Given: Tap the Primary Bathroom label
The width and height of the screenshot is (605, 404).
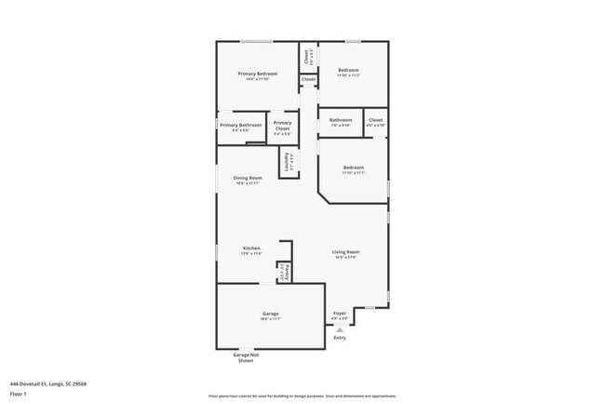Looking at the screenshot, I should tap(240, 126).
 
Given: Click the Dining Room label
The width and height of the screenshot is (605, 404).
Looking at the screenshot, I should tap(247, 178).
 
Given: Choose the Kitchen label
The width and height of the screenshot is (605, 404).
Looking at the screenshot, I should tap(251, 249).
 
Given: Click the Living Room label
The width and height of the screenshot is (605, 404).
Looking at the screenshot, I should tap(347, 252).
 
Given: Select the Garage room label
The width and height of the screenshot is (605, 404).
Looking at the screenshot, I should tap(270, 314).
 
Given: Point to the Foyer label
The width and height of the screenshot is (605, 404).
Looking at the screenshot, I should tap(340, 314).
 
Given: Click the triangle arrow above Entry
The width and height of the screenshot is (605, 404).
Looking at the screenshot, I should tap(340, 329).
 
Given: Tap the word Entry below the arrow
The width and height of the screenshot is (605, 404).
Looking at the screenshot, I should tap(340, 337).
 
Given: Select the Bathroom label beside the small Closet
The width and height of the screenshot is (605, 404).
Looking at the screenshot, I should tap(341, 120).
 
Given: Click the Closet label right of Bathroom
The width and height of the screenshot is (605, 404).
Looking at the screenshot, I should tap(375, 120).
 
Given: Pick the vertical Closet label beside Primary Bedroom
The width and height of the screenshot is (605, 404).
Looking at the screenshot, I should tap(307, 56).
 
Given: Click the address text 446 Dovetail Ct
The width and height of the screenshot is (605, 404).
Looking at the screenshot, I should tap(46, 382).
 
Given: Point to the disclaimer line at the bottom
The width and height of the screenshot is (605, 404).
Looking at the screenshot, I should tap(302, 396).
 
